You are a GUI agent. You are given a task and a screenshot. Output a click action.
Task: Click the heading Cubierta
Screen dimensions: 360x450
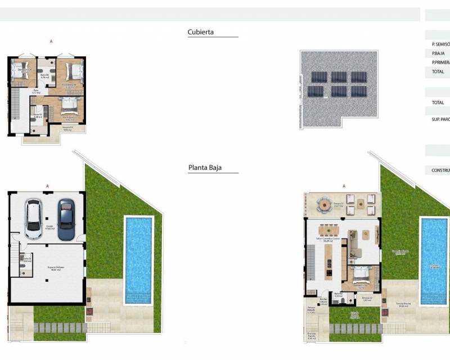200,33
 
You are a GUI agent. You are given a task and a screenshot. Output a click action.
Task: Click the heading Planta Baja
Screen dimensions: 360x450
206,168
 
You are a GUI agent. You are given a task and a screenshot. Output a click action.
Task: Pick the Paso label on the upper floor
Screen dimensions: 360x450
35,91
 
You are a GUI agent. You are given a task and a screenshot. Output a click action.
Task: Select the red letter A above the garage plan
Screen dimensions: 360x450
46,186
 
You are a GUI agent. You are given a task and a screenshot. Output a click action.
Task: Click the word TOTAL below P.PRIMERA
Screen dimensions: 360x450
438,72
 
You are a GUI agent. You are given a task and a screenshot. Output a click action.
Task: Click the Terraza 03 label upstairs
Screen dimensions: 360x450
67,128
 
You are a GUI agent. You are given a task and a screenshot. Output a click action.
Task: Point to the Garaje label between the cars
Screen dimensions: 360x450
49,227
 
